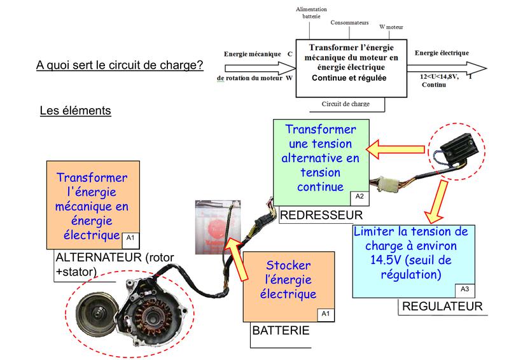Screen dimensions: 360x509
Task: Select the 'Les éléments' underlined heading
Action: point(75,111)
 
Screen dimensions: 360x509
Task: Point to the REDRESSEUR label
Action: point(321,214)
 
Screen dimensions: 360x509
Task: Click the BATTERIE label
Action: point(281,331)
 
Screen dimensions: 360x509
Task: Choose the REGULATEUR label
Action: point(442,307)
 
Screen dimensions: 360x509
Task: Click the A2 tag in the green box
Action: point(359,196)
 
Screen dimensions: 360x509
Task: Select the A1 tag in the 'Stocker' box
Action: point(326,313)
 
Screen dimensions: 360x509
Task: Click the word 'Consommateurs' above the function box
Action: point(349,22)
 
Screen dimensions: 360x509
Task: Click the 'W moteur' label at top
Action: point(391,27)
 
